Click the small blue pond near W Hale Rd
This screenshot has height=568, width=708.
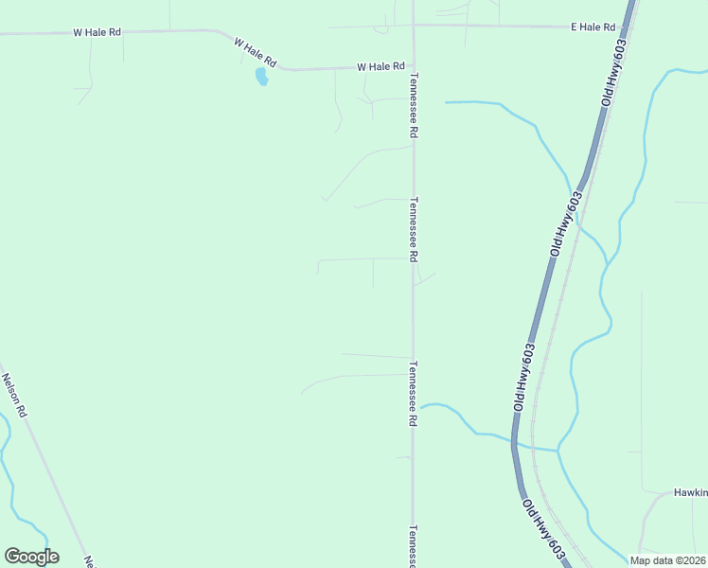pos(261,77)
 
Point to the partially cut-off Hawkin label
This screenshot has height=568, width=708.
pos(690,492)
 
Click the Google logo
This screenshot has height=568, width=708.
pos(31,557)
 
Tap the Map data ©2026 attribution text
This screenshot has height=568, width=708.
pos(667,560)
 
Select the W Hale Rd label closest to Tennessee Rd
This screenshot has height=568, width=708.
pos(381,67)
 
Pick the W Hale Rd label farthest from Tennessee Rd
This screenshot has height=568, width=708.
pos(97,32)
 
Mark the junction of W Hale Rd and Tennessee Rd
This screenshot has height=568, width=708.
pos(413,67)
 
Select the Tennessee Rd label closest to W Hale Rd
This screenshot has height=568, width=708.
pos(413,108)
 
